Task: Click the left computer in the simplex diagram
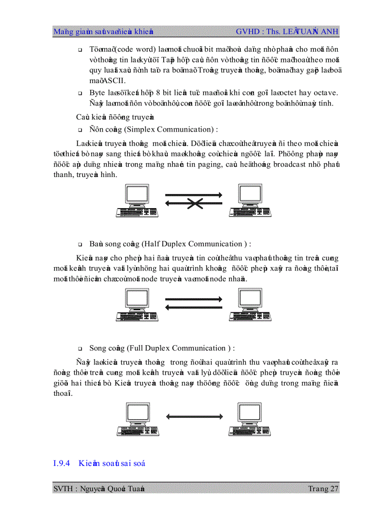click(x=137, y=200)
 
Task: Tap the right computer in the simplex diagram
click(x=250, y=200)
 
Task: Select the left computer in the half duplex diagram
click(x=137, y=305)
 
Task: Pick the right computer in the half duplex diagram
click(x=250, y=305)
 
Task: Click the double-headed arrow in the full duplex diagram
click(x=194, y=416)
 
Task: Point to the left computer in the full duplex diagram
click(x=137, y=419)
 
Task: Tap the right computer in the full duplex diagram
click(x=250, y=419)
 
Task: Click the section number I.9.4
click(x=61, y=463)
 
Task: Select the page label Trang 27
click(x=324, y=488)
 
